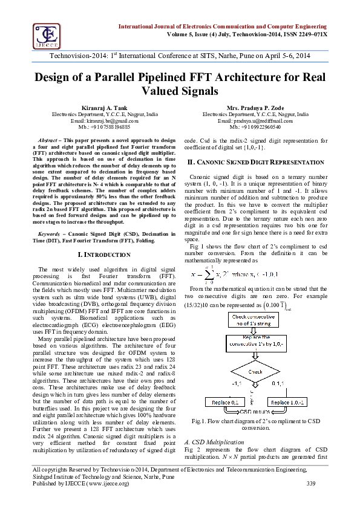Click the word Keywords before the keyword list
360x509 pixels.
pos(50,233)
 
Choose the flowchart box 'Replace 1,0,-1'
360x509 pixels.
pos(287,403)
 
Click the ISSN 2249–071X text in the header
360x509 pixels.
pos(304,34)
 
